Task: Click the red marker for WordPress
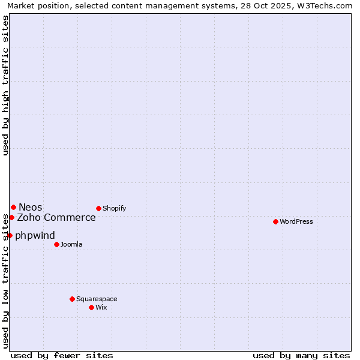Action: [275, 221]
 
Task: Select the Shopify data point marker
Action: [98, 208]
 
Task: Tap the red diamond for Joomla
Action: [56, 244]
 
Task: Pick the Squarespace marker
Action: [72, 299]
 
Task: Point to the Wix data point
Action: [91, 307]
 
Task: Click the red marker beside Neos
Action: [13, 207]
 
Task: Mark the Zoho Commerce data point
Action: [11, 217]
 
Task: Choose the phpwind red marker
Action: [10, 235]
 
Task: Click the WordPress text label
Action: [296, 221]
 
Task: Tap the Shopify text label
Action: [115, 208]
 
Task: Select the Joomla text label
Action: [71, 244]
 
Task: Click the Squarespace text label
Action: [97, 299]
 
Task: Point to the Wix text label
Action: [101, 307]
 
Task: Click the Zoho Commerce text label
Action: [56, 217]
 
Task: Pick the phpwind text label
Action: [35, 235]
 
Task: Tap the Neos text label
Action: [31, 207]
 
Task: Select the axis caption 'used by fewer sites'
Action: [62, 355]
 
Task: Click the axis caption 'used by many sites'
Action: [301, 355]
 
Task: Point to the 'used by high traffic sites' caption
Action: [5, 85]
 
